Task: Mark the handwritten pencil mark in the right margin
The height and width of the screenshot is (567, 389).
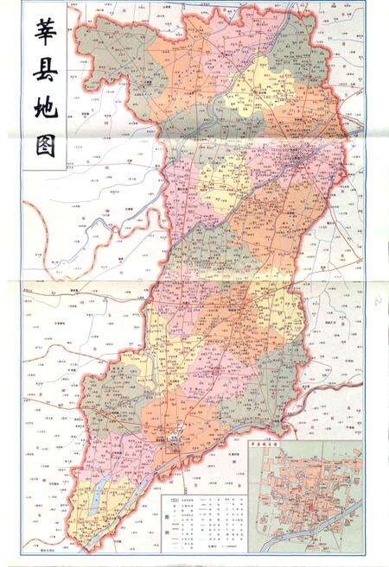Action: point(378,299)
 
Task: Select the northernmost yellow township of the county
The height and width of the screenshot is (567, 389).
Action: point(251,86)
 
